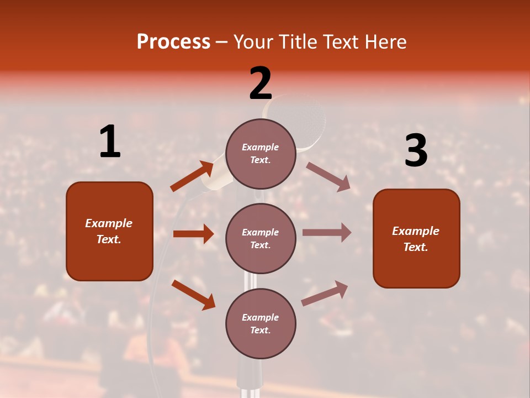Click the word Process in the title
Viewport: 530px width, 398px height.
click(173, 42)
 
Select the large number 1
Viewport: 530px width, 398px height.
click(110, 142)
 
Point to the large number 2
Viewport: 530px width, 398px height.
click(261, 84)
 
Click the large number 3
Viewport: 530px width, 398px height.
click(416, 151)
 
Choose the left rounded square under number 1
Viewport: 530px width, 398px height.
click(109, 231)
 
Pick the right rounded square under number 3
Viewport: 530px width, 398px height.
click(416, 239)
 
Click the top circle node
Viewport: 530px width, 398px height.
click(261, 154)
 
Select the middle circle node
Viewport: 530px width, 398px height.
click(261, 238)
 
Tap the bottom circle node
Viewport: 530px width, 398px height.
click(261, 323)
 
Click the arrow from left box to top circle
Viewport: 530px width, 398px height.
click(192, 176)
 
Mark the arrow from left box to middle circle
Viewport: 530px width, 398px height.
click(193, 234)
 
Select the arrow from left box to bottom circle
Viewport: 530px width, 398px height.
click(193, 295)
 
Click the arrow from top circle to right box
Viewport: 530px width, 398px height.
click(328, 177)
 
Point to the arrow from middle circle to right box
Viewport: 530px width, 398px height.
click(327, 233)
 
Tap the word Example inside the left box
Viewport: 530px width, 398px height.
click(109, 223)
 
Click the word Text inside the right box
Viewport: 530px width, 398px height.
click(415, 247)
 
